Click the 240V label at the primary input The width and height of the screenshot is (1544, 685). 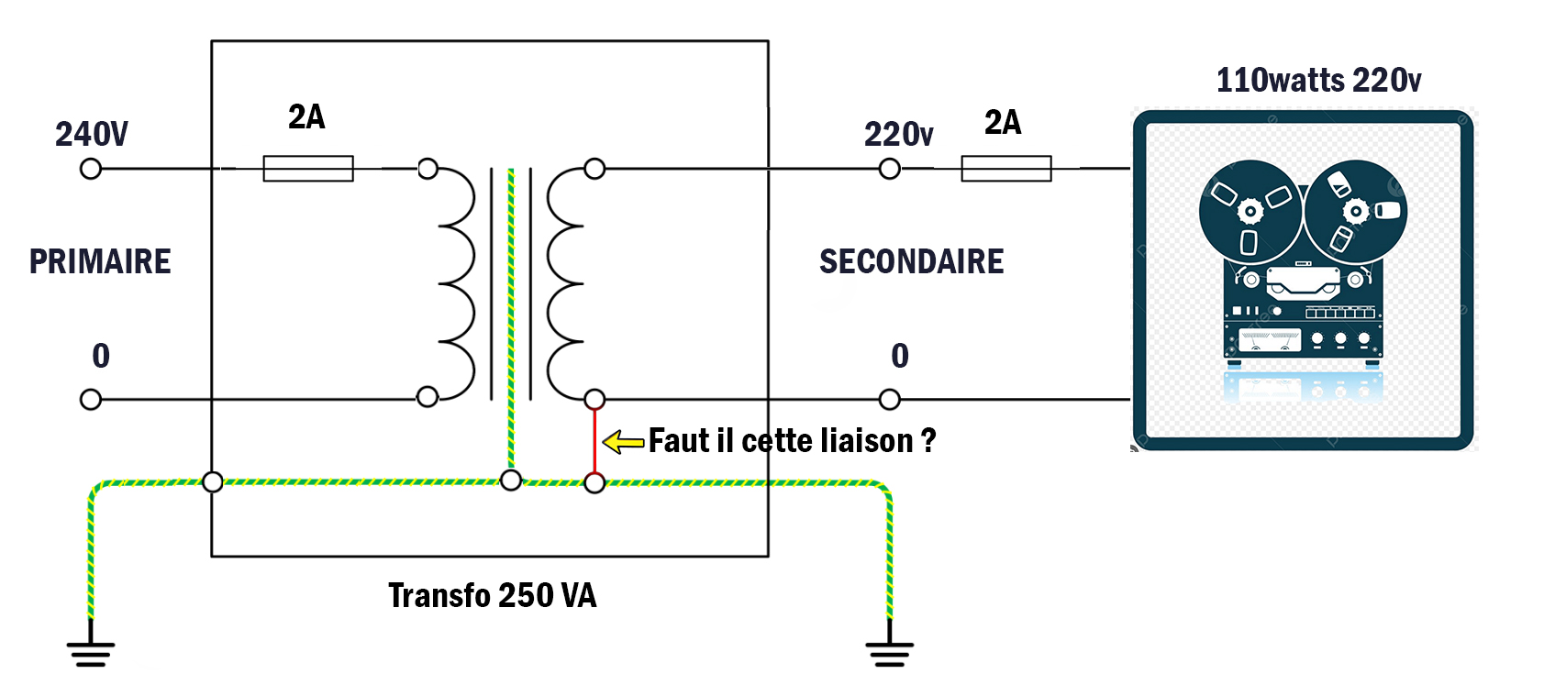(92, 134)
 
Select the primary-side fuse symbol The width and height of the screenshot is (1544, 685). (308, 169)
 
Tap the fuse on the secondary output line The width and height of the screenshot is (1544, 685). (1006, 169)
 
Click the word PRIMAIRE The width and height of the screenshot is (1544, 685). (100, 261)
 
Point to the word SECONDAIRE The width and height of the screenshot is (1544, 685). (911, 261)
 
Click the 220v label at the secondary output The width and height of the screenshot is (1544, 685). (898, 135)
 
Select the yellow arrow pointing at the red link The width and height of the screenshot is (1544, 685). (624, 442)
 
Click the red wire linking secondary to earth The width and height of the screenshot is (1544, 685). (594, 440)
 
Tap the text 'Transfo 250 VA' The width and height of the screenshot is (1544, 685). (492, 595)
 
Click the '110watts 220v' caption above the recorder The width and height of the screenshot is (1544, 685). (1318, 81)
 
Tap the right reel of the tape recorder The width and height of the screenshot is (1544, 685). (1355, 212)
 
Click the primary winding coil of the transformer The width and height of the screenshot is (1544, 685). (456, 283)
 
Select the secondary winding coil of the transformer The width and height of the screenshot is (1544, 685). (564, 283)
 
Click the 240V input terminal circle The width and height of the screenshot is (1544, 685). (91, 169)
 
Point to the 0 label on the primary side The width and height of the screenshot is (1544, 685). (101, 356)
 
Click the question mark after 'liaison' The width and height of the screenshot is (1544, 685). (928, 441)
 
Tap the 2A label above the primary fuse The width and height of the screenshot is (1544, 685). (306, 117)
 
